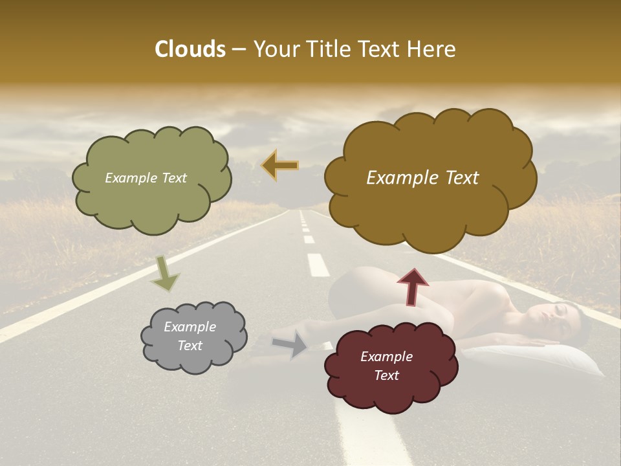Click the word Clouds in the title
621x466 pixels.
click(190, 49)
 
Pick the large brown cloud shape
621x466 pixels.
click(430, 207)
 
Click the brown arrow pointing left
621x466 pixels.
click(280, 166)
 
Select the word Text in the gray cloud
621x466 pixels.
click(190, 346)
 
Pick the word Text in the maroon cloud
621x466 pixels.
click(386, 375)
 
